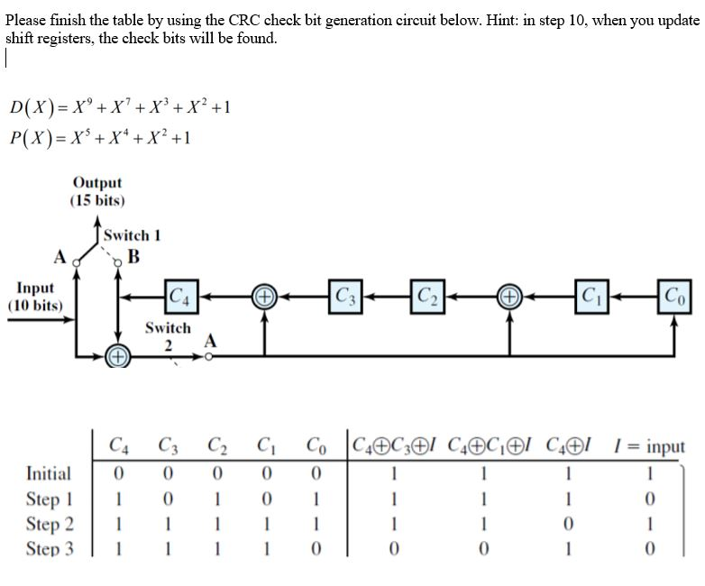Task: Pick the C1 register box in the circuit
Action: tap(591, 295)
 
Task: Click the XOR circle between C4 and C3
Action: tap(264, 296)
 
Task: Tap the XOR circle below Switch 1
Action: tap(118, 358)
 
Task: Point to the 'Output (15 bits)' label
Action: tap(97, 191)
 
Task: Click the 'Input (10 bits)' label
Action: tap(35, 296)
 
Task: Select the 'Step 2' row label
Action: tap(50, 524)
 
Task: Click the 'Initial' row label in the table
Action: tap(50, 473)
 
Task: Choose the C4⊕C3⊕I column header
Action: tap(394, 446)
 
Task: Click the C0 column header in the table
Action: tap(316, 446)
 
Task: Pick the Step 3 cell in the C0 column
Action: tap(316, 549)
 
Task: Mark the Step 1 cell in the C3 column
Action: tap(167, 499)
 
